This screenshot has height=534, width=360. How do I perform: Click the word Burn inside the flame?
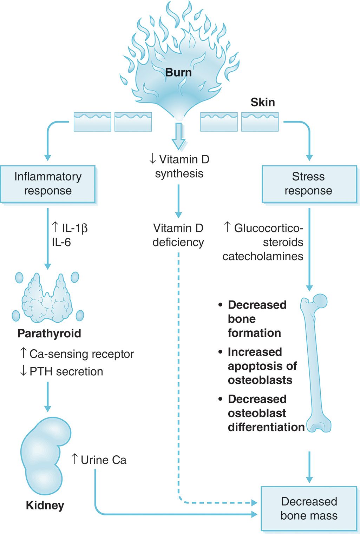tap(178, 72)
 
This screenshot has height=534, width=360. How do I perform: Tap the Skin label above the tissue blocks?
tap(262, 102)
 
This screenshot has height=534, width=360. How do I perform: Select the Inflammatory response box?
tap(48, 184)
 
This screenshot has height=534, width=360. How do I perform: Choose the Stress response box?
tap(309, 184)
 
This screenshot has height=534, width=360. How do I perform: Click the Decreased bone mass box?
tap(309, 508)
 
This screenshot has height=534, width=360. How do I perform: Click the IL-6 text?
tap(61, 242)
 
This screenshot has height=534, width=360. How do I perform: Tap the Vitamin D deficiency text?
tap(178, 235)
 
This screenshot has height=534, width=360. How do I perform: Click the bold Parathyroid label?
tap(49, 333)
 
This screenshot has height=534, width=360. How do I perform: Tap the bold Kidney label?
tap(45, 505)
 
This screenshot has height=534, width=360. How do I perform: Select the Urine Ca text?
tap(99, 460)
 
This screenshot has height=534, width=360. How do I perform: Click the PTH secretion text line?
tap(62, 371)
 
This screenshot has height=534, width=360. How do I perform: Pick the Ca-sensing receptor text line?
tap(77, 354)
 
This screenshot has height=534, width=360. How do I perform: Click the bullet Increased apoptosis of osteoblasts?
tap(262, 366)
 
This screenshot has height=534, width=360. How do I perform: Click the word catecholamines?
tap(263, 256)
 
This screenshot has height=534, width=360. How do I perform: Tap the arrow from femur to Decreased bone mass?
tap(309, 467)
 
